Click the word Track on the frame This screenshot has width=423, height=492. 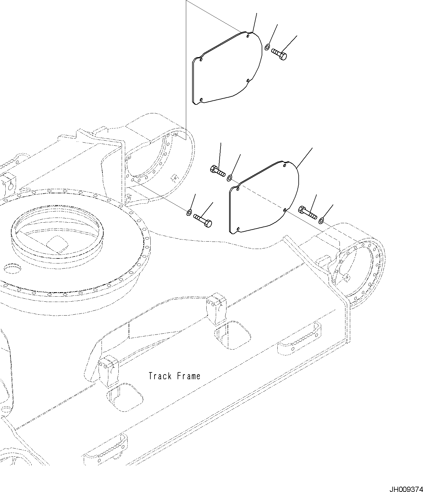[x=160, y=376]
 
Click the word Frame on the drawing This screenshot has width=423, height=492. [x=189, y=376]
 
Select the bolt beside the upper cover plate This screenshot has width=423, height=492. [x=279, y=54]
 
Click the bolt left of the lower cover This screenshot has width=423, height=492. [x=218, y=171]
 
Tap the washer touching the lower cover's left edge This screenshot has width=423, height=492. [x=229, y=178]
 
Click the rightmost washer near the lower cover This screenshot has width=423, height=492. [x=321, y=221]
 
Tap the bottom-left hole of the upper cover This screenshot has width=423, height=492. [x=201, y=99]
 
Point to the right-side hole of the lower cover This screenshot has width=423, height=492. [x=284, y=210]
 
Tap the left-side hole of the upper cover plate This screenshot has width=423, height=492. [x=201, y=60]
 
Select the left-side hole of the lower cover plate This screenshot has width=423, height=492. [x=238, y=188]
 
